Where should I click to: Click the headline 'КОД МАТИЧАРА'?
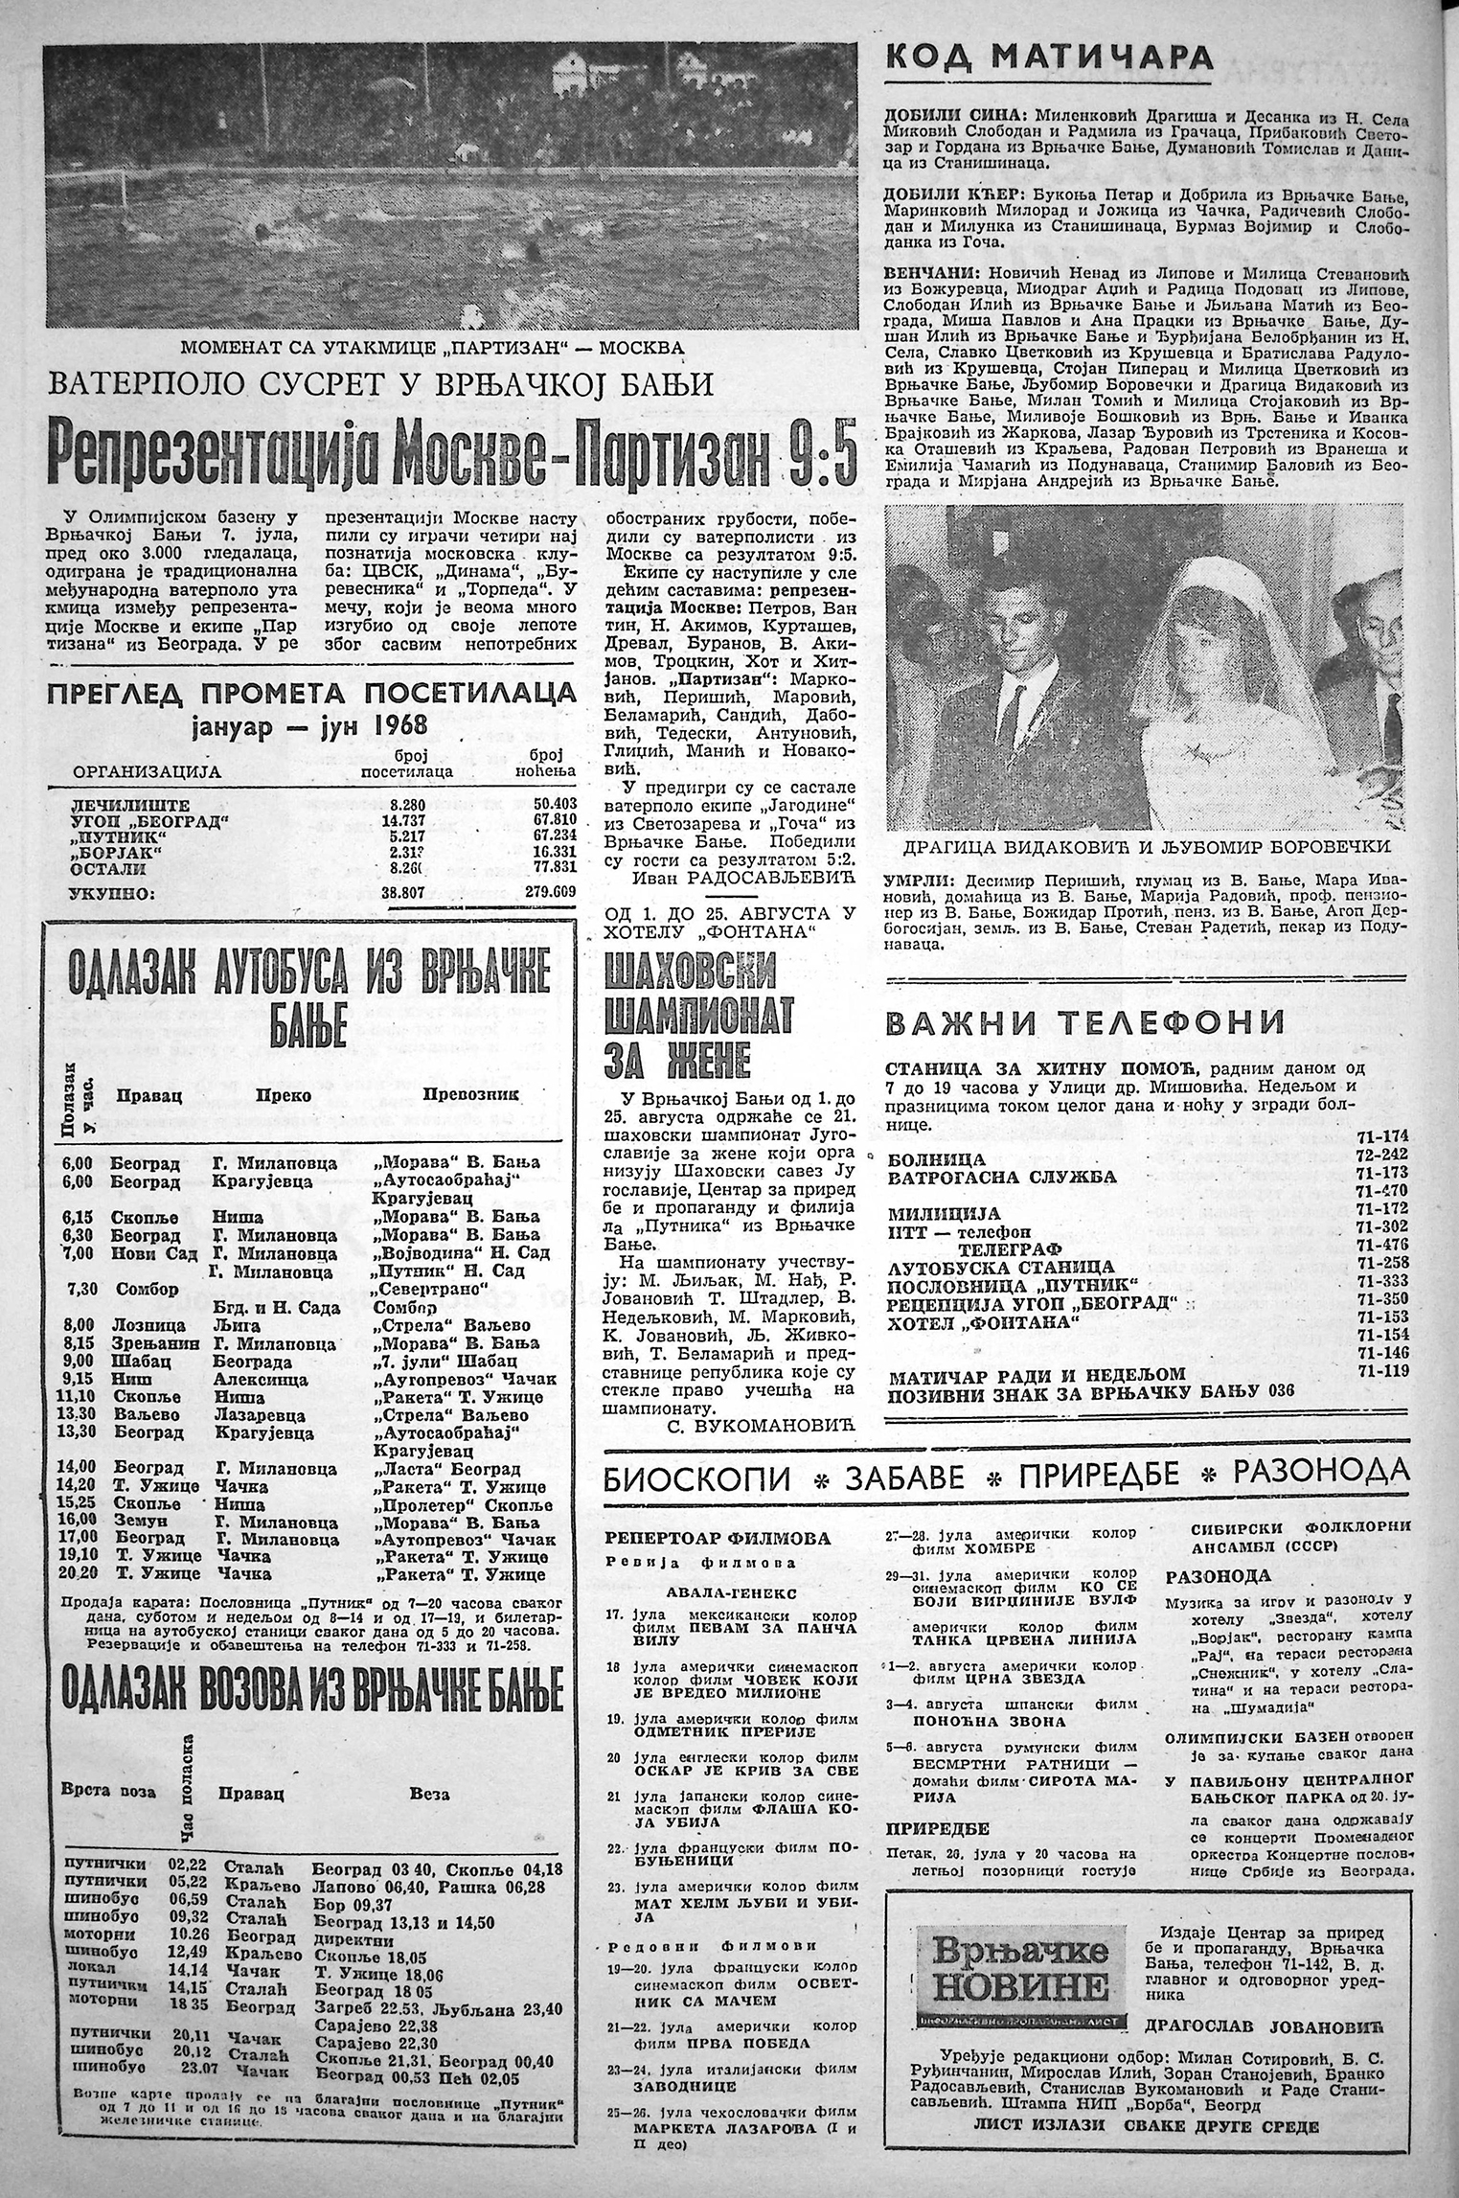(x=1049, y=58)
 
